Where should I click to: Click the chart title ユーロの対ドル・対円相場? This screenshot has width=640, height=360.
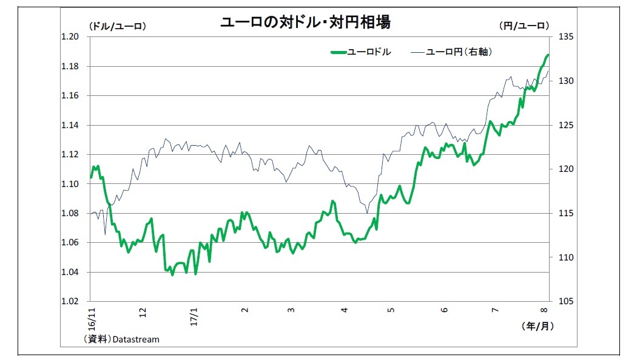(305, 22)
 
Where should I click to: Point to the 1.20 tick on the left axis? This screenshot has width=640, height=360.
(71, 37)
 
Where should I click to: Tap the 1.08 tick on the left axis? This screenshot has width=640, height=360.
(71, 213)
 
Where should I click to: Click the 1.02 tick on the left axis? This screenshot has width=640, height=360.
(71, 302)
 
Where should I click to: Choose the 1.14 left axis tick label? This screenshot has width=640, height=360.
(71, 125)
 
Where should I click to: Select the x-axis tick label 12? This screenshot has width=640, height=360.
(143, 312)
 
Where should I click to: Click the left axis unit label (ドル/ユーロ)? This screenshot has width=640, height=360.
(117, 25)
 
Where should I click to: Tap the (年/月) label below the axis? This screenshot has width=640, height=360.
(537, 326)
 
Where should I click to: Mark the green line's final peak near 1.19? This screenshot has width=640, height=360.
(548, 55)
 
